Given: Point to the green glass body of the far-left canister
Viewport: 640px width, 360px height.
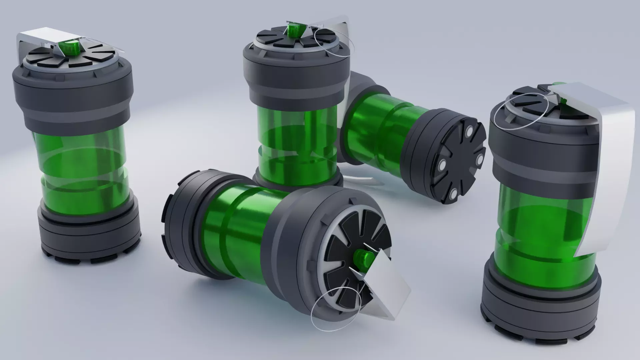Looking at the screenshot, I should (x=83, y=167).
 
